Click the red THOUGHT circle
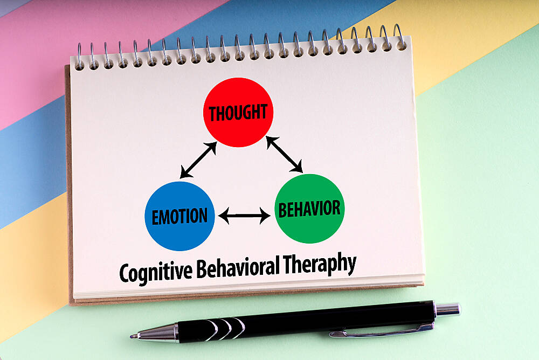tap(238, 113)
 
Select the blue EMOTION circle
tap(180, 216)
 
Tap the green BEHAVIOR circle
tap(310, 209)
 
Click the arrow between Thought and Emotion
tap(198, 160)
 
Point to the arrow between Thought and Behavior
tap(284, 154)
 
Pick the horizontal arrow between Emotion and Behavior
tap(244, 216)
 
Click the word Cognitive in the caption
tap(156, 271)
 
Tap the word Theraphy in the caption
tap(320, 263)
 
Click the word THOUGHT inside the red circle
tap(238, 113)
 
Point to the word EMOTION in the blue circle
tap(180, 216)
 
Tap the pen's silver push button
tap(447, 309)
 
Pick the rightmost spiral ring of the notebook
tap(400, 37)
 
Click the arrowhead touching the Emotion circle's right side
tap(224, 216)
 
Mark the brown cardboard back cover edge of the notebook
tap(68, 186)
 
